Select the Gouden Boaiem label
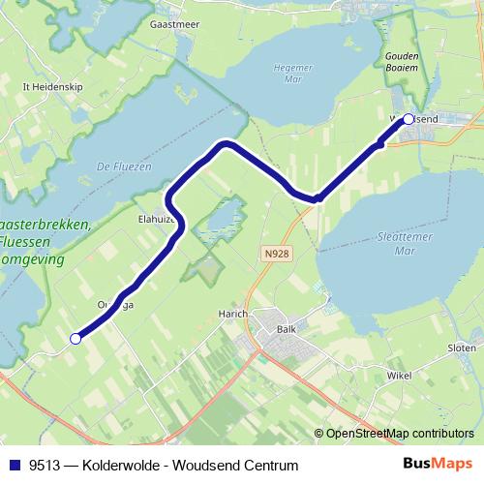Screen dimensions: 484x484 click(x=402, y=62)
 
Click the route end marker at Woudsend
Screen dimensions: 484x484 click(x=408, y=119)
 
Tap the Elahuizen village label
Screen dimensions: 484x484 click(x=157, y=220)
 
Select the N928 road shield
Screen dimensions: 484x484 click(x=275, y=251)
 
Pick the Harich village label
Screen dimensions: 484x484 click(x=234, y=315)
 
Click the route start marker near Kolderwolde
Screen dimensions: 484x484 click(x=76, y=338)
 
